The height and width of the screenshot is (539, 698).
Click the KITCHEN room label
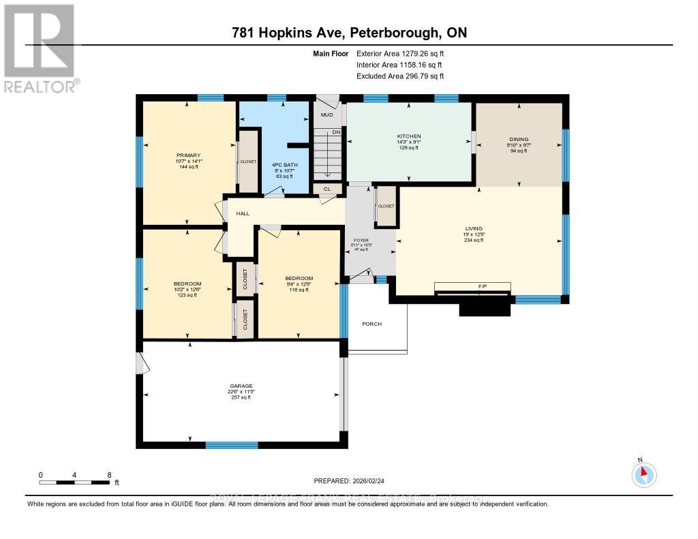[x=409, y=136]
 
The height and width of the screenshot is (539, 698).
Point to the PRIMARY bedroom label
[x=188, y=155]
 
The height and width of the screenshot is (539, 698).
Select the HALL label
[x=243, y=214]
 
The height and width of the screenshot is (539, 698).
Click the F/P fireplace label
[x=473, y=286]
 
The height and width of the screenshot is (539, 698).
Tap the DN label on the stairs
[x=335, y=133]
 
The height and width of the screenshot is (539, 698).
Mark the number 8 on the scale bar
[x=109, y=475]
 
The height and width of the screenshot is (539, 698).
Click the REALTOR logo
[x=41, y=48]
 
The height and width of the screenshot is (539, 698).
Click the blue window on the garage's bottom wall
[x=232, y=445]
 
